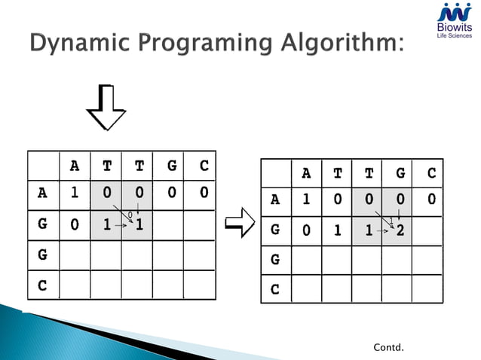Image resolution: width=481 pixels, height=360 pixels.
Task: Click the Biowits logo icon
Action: click(455, 13)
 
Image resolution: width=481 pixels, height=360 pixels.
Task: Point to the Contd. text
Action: click(388, 347)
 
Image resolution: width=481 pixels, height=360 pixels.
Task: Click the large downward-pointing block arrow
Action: click(106, 109)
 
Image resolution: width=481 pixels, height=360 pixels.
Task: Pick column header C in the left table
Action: click(204, 166)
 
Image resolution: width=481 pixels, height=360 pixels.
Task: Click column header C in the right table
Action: click(431, 172)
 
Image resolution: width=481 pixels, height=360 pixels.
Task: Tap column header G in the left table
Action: click(172, 166)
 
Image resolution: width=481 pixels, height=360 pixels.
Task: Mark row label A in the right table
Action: click(275, 200)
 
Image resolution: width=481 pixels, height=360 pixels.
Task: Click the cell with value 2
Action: click(400, 230)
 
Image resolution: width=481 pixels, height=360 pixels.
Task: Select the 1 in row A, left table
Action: click(75, 192)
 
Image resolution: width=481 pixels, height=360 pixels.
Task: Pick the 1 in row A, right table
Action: click(306, 200)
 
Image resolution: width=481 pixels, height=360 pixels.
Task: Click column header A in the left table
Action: click(74, 166)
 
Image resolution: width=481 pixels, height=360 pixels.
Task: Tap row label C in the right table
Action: click(275, 288)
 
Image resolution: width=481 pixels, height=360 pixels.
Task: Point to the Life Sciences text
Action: click(454, 36)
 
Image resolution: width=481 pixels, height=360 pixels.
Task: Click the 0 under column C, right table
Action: click(431, 200)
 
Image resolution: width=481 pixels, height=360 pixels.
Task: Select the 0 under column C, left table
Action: click(204, 192)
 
